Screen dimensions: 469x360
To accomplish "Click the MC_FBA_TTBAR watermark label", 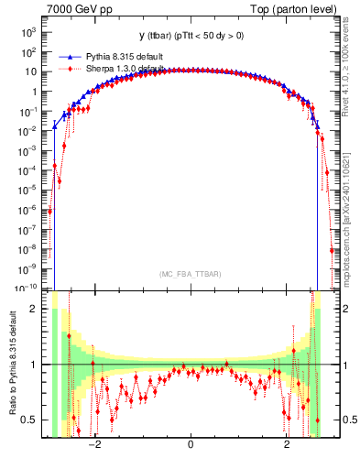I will (190, 275).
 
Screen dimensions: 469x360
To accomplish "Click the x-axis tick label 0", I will (190, 445).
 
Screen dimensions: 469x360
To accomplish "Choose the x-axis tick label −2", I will (93, 445).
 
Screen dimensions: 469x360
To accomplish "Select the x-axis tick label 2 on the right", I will (287, 445).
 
